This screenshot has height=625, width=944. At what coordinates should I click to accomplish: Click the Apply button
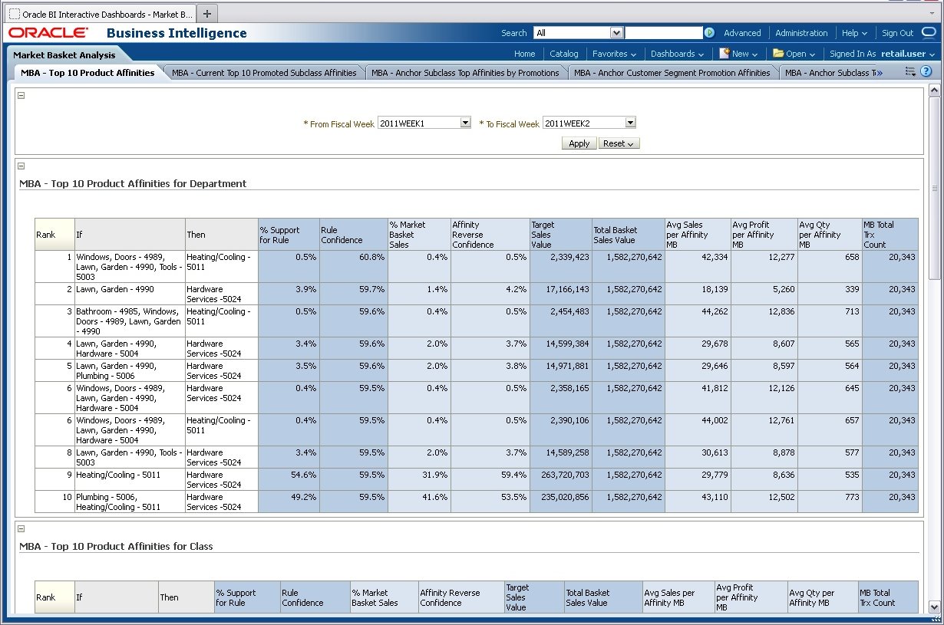coord(579,143)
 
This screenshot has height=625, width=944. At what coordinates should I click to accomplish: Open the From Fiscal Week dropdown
coord(465,123)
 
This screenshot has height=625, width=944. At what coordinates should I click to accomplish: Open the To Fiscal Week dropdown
coord(630,123)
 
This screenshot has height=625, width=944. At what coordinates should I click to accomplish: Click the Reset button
coord(619,143)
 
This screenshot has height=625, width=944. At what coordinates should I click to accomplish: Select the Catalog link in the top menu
coord(564,54)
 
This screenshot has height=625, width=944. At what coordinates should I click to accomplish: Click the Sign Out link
coord(897,33)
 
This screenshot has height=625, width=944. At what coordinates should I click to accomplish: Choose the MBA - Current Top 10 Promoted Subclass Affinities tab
coord(264,73)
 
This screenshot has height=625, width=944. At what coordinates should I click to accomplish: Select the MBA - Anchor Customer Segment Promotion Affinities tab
coord(672,73)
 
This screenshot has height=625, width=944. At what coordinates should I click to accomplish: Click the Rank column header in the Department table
coord(46,235)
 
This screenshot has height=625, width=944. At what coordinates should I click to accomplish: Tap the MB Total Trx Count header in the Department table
coord(889,235)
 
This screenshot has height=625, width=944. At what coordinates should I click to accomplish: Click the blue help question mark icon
coord(926,71)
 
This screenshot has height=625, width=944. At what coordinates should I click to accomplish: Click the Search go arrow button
coord(709,33)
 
